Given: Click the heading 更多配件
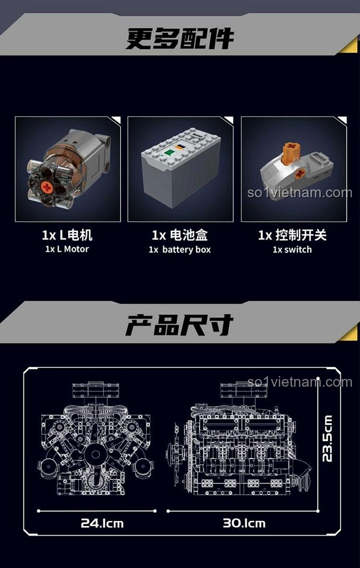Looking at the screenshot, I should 180,38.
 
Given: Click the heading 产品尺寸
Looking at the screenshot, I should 180,326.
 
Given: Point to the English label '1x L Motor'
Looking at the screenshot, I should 67,249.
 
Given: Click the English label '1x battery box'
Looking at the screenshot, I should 180,249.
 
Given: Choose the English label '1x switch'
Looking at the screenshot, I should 292,249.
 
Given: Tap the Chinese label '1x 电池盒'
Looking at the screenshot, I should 180,235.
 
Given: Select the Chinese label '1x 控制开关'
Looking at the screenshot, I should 292,235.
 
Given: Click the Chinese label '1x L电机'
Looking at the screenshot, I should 67,235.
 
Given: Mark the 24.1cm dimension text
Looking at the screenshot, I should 102,522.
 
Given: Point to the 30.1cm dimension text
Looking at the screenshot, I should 244,522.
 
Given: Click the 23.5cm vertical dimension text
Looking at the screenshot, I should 327,438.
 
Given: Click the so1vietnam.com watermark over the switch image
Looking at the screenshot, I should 300,193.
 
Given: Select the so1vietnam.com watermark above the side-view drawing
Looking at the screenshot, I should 300,382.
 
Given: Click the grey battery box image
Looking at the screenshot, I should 180,168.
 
